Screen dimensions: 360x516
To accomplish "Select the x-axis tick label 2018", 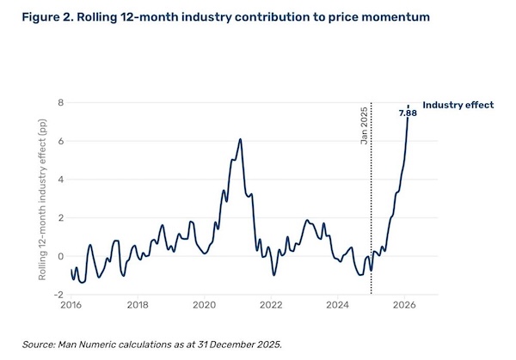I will [x=137, y=305].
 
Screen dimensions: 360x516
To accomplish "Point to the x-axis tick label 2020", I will [x=204, y=305].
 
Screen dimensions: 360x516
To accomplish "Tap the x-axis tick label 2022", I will [x=271, y=305].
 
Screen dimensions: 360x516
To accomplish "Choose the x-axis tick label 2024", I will [x=338, y=305].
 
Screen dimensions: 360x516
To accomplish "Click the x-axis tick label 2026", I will [x=405, y=305].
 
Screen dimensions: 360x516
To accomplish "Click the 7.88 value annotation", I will [x=408, y=113].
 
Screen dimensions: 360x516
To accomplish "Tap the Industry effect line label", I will [x=458, y=105].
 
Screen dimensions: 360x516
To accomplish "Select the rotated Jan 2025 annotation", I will [x=363, y=124].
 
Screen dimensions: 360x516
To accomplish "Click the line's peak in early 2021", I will [x=241, y=139].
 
